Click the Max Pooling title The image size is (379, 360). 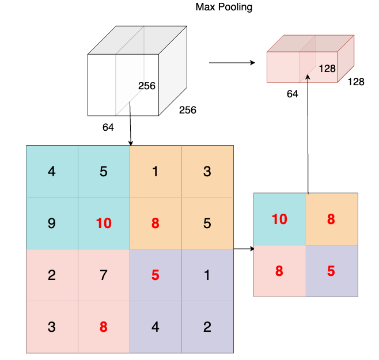click(x=224, y=7)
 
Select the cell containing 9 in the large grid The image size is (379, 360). click(x=52, y=223)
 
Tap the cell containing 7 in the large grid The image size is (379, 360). click(x=104, y=275)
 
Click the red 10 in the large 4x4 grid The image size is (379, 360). click(x=104, y=223)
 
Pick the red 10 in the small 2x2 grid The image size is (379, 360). click(x=279, y=219)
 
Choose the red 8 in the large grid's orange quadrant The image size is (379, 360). click(x=156, y=223)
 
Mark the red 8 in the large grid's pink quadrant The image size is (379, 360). click(x=104, y=327)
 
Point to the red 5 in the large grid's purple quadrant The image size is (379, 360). click(x=156, y=275)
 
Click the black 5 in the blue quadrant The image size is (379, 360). click(x=104, y=172)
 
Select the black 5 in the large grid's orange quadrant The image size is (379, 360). click(x=207, y=223)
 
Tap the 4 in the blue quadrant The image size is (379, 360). click(x=52, y=172)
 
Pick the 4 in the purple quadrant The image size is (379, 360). click(x=156, y=327)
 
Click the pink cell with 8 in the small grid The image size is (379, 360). click(x=279, y=271)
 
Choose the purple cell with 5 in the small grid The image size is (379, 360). click(x=331, y=271)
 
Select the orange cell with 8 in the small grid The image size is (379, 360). click(x=331, y=219)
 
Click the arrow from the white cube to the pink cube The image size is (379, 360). click(x=232, y=62)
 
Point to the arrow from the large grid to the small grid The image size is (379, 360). click(x=244, y=249)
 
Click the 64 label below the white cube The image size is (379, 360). click(x=108, y=127)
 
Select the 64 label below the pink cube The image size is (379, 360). click(x=293, y=94)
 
